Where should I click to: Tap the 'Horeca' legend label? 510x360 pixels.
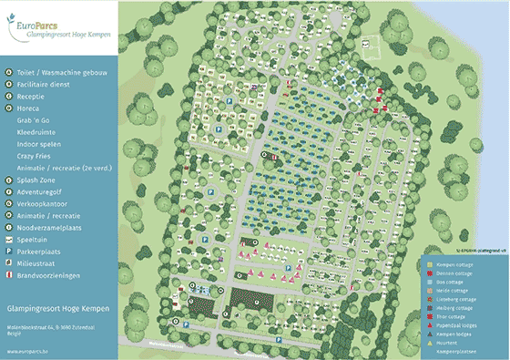(x=29, y=107)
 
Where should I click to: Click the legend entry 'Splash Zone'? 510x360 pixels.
(x=37, y=180)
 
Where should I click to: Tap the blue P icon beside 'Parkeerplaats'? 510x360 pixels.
(x=7, y=251)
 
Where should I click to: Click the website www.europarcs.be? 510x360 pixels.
(x=26, y=348)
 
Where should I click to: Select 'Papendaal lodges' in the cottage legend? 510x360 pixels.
(x=457, y=324)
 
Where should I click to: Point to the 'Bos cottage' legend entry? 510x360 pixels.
(x=451, y=282)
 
